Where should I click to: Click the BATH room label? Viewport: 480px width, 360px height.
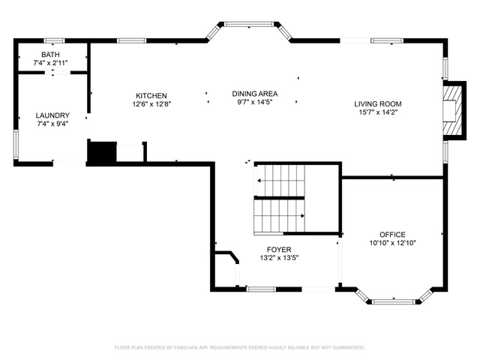click(50, 55)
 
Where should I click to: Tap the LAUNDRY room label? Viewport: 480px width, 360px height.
click(52, 115)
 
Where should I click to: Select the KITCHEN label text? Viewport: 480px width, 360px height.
click(151, 96)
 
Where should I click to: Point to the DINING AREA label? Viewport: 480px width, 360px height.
click(255, 94)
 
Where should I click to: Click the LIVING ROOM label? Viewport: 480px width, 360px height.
click(378, 104)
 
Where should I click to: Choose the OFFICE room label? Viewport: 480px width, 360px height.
click(392, 235)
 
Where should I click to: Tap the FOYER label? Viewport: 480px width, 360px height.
click(279, 250)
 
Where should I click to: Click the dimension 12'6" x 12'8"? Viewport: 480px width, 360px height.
click(151, 104)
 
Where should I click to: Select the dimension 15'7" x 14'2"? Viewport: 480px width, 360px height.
click(378, 112)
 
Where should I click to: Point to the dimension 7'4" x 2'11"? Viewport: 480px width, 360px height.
click(50, 63)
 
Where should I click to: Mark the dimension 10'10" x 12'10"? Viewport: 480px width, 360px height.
click(392, 243)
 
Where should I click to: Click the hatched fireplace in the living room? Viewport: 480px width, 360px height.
click(452, 110)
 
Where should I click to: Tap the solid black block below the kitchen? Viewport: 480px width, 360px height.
click(102, 151)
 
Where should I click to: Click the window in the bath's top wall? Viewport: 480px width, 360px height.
click(54, 40)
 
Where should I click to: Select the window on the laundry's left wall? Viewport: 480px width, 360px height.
click(16, 145)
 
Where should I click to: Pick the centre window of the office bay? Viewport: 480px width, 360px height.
click(394, 302)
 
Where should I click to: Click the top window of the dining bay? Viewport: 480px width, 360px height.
click(249, 24)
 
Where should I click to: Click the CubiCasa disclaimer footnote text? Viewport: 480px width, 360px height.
click(240, 347)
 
